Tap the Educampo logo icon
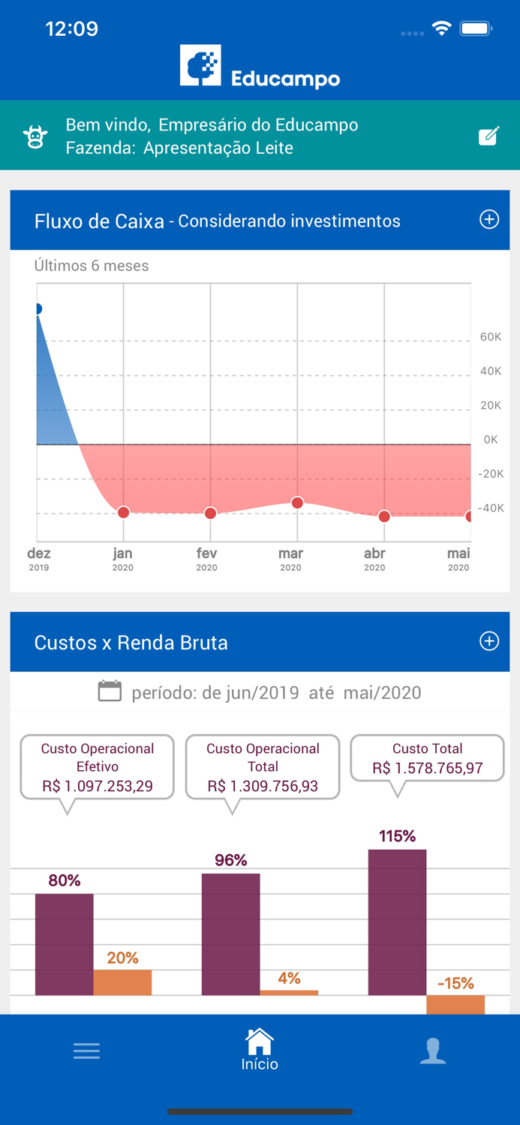tap(200, 66)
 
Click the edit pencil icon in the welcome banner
tap(488, 136)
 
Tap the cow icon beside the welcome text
tap(35, 136)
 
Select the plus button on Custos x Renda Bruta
tap(489, 641)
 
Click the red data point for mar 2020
tap(297, 502)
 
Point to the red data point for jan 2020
tap(124, 512)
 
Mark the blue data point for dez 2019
tap(38, 309)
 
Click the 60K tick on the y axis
tap(491, 337)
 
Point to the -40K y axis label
tap(491, 508)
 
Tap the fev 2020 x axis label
tap(207, 559)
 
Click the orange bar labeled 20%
tap(122, 982)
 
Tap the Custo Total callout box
tap(427, 758)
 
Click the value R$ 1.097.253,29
tap(98, 786)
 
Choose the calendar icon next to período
tap(110, 691)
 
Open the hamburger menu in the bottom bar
tap(86, 1051)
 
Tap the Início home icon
tap(260, 1042)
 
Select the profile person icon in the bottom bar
tap(433, 1051)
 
